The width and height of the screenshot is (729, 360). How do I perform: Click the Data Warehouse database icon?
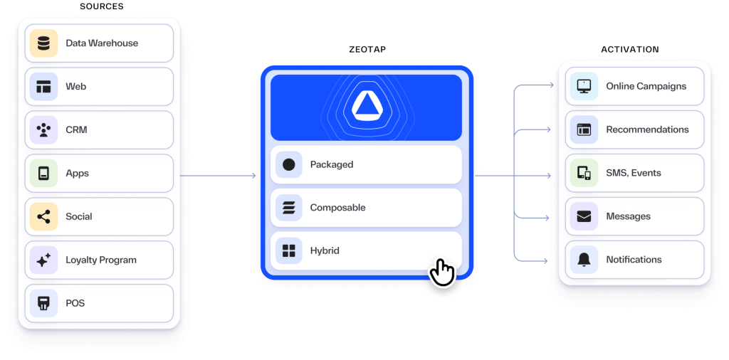(43, 43)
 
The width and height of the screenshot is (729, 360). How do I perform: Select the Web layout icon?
(43, 87)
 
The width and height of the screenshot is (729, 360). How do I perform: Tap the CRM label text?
(76, 130)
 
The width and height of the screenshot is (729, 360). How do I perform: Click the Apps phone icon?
(43, 174)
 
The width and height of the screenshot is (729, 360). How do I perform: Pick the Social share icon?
(43, 217)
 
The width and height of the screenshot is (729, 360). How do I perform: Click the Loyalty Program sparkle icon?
(43, 260)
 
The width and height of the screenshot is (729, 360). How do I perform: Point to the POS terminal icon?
(43, 304)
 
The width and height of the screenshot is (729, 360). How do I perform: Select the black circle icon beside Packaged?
(288, 165)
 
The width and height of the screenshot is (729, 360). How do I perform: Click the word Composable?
(337, 208)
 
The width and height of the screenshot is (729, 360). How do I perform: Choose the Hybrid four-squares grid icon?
(288, 251)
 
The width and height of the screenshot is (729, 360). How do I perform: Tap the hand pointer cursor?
(442, 272)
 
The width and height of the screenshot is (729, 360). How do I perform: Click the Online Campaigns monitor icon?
(584, 87)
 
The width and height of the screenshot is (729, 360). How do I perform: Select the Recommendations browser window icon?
(584, 130)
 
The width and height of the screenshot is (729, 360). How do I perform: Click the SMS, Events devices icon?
(584, 174)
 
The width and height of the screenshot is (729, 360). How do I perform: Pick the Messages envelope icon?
(584, 217)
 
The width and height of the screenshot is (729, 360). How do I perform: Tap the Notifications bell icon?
(584, 260)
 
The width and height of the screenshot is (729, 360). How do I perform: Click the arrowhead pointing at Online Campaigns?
(552, 86)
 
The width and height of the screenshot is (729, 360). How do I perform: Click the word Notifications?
(634, 260)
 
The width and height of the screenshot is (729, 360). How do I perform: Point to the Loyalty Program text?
(101, 260)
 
